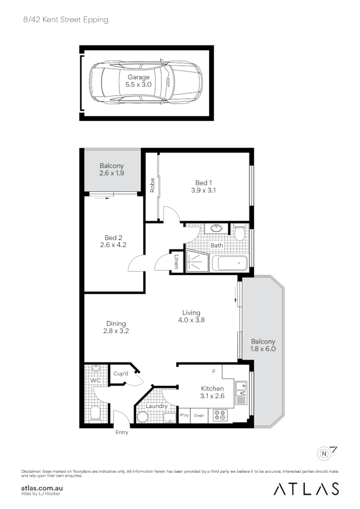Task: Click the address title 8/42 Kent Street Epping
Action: tap(65, 20)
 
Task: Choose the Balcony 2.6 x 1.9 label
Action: tap(112, 170)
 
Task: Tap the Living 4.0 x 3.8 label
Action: tap(191, 316)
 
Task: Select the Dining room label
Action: tap(116, 324)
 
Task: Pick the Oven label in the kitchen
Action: tap(199, 415)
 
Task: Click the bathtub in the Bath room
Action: tap(229, 263)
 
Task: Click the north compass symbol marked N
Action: tap(325, 453)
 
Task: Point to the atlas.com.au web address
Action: tap(42, 488)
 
